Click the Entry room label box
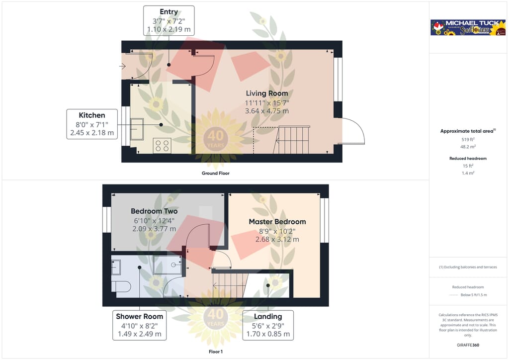pyautogui.click(x=169, y=20)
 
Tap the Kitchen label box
pyautogui.click(x=92, y=124)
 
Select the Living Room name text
pyautogui.click(x=267, y=93)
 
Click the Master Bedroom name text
pyautogui.click(x=277, y=222)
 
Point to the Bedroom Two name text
pyautogui.click(x=154, y=211)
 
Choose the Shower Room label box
pyautogui.click(x=139, y=325)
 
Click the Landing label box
pyautogui.click(x=268, y=325)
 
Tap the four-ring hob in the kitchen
pyautogui.click(x=162, y=145)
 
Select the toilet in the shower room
pyautogui.click(x=120, y=286)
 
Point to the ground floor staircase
pyautogui.click(x=293, y=140)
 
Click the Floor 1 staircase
pyautogui.click(x=230, y=285)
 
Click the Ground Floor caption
pyautogui.click(x=215, y=174)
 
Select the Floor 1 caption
pyautogui.click(x=215, y=352)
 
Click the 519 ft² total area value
pyautogui.click(x=468, y=140)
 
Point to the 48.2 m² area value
pyautogui.click(x=468, y=147)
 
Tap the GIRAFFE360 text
pyautogui.click(x=468, y=345)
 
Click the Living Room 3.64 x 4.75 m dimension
pyautogui.click(x=267, y=111)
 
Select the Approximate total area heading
pyautogui.click(x=467, y=131)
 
